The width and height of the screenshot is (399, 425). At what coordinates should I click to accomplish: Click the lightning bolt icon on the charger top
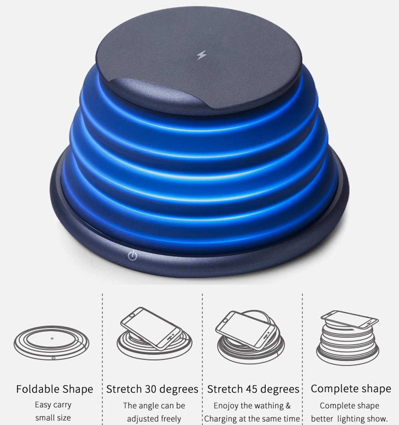point(201,55)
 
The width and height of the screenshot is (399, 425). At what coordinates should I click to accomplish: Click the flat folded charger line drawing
point(51,342)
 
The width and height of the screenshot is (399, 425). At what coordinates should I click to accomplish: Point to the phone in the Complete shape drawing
point(350,319)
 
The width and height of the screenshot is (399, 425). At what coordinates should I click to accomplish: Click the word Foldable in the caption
point(39,389)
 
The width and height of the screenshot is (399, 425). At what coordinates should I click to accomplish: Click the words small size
point(53,418)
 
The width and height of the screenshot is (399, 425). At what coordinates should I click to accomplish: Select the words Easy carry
point(53,405)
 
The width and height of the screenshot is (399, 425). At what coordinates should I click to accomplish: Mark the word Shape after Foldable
point(77,389)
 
